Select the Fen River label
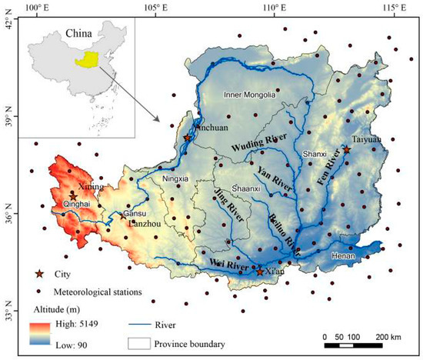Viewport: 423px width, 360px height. pyautogui.click(x=329, y=171)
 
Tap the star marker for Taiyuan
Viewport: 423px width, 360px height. pyautogui.click(x=347, y=150)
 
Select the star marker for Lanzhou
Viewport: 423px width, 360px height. pyautogui.click(x=122, y=216)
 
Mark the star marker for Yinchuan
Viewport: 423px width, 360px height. pyautogui.click(x=188, y=138)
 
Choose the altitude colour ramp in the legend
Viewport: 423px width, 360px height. pyautogui.click(x=38, y=335)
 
